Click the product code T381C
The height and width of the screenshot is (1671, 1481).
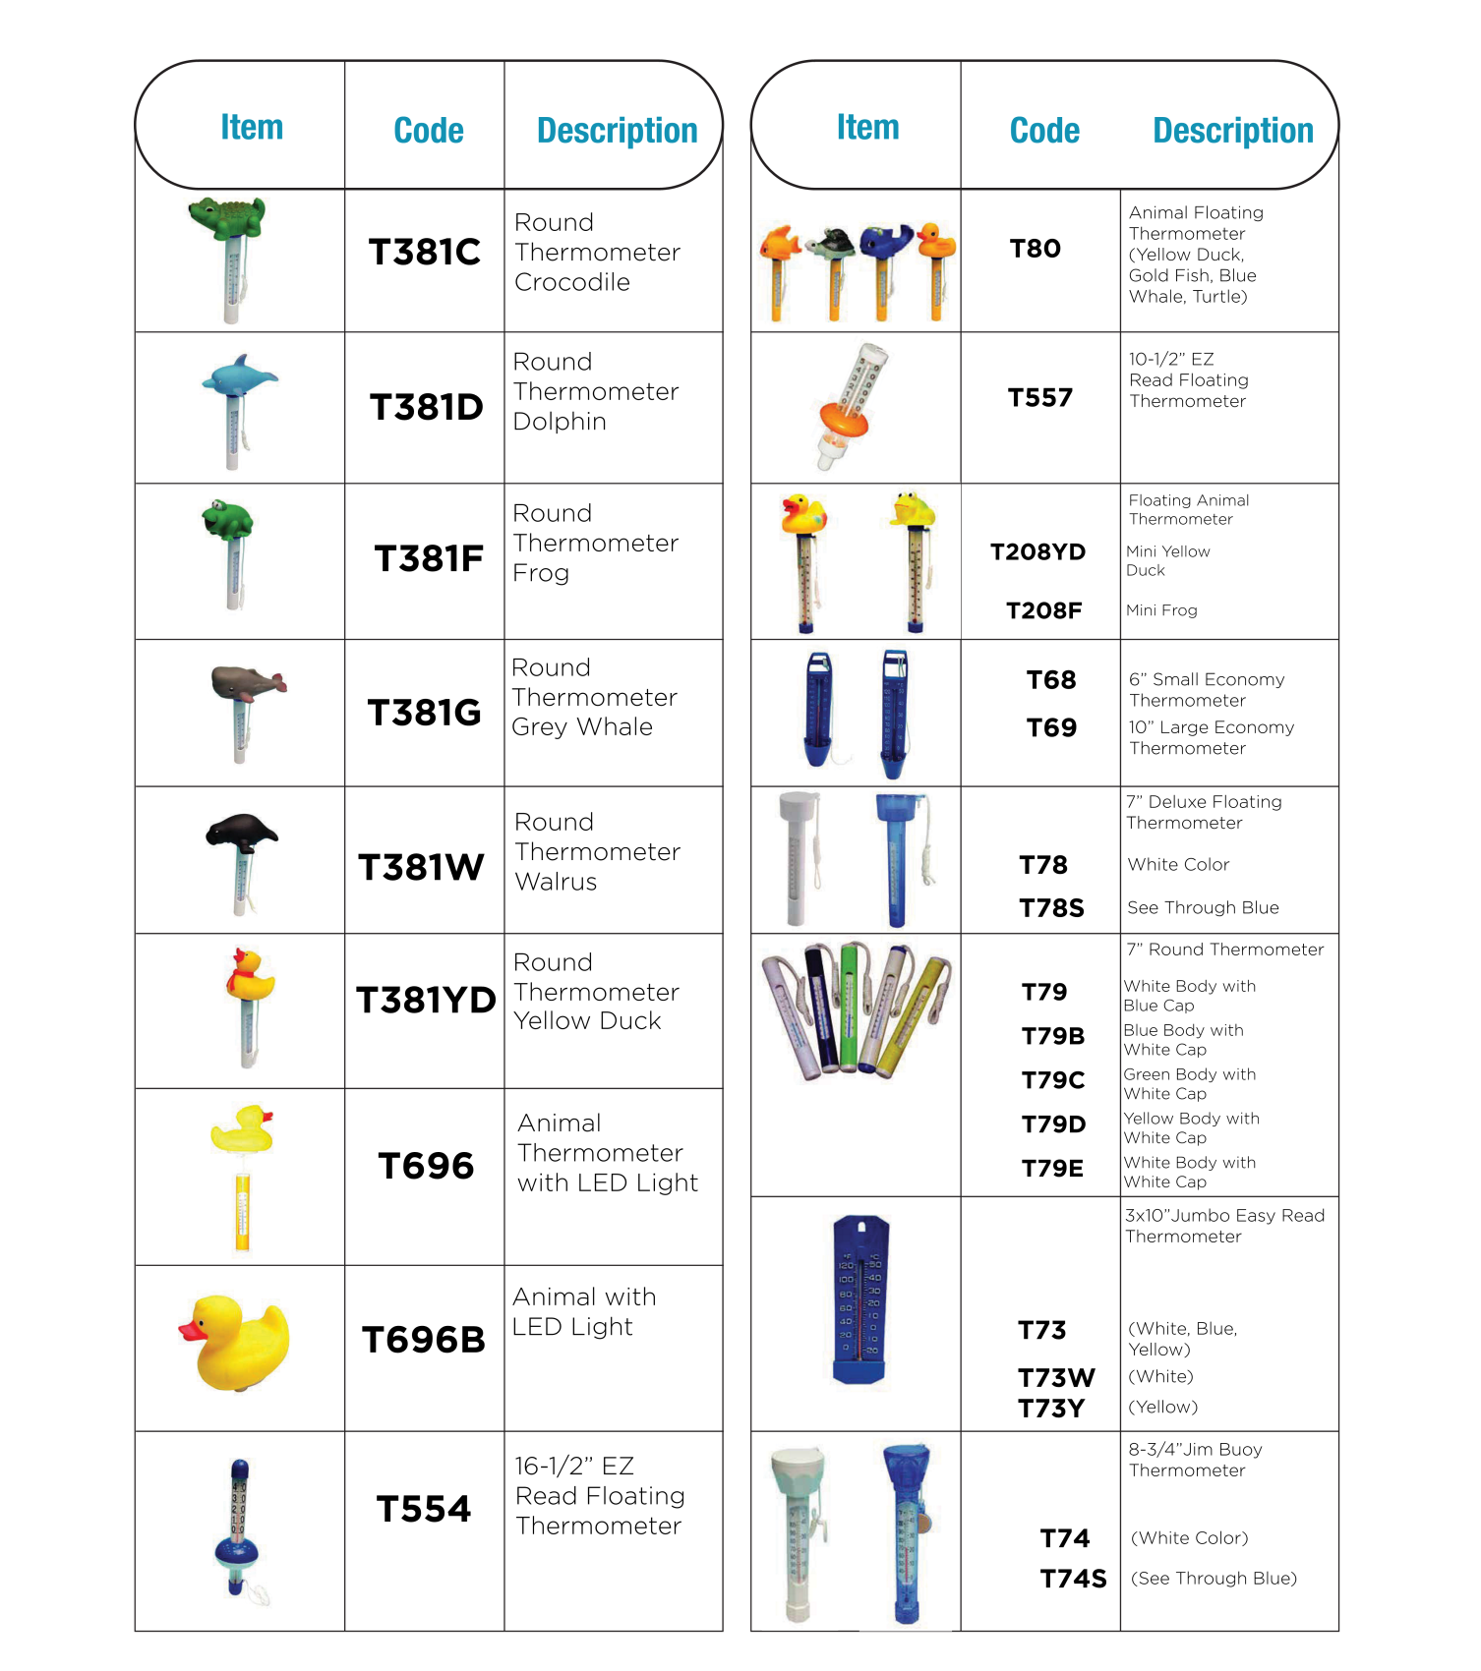tap(424, 252)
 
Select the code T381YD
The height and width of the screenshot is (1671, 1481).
tap(426, 1000)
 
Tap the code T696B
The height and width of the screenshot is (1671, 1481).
tap(424, 1339)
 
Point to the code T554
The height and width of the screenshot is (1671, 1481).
tap(424, 1509)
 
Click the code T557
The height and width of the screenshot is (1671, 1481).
tap(1039, 397)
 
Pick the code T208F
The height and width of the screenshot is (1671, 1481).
tap(1043, 610)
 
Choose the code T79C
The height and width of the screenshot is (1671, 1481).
tap(1052, 1080)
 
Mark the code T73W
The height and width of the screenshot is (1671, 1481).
tap(1055, 1377)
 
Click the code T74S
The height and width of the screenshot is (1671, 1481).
tap(1073, 1579)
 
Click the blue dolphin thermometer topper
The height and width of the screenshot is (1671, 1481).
tap(238, 376)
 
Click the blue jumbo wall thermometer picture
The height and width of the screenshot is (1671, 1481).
tap(860, 1299)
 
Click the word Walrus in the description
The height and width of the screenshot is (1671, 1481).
tap(556, 882)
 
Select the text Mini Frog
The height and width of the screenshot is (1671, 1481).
tap(1161, 610)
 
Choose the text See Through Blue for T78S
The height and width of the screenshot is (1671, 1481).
tap(1203, 907)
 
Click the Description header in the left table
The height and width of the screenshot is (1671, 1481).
tap(617, 130)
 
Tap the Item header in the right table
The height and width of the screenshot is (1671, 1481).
tap(867, 127)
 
